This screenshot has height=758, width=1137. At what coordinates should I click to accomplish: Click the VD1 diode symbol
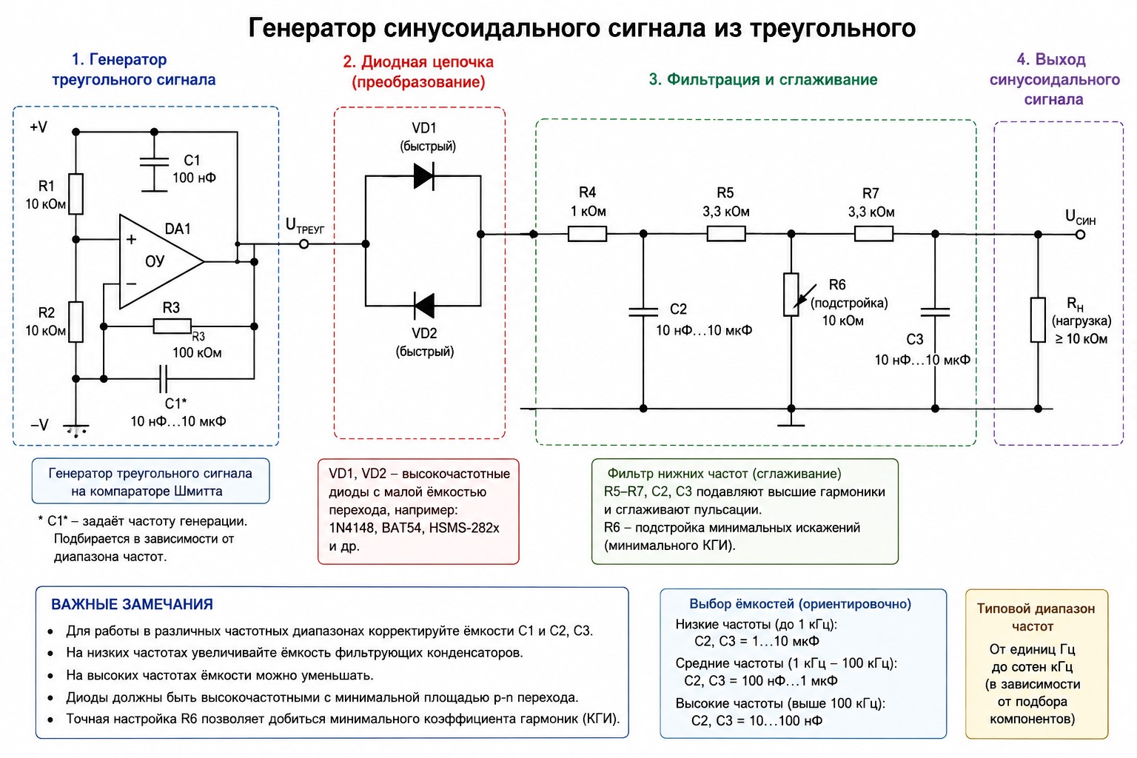click(424, 176)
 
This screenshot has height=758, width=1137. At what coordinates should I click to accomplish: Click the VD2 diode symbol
click(424, 306)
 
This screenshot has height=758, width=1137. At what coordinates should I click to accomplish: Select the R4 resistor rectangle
click(587, 234)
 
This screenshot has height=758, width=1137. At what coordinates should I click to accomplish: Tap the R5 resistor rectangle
click(726, 233)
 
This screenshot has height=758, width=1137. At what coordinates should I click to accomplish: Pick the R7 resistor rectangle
click(873, 234)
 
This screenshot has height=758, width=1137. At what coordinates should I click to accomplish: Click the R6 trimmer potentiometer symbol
click(791, 295)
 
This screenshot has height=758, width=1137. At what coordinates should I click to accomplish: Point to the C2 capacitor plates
click(643, 311)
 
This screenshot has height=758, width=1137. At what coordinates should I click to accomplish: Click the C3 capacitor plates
click(935, 312)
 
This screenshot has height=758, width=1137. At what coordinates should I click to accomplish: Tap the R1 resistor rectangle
click(76, 193)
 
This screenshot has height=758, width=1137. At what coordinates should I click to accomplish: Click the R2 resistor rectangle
click(76, 322)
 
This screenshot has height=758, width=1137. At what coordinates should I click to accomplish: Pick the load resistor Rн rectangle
click(1038, 319)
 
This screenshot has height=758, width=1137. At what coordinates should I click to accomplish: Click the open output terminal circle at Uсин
click(1081, 235)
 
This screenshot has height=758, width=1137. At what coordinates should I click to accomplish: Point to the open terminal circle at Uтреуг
click(303, 244)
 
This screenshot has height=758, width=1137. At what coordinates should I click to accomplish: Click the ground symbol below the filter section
click(791, 421)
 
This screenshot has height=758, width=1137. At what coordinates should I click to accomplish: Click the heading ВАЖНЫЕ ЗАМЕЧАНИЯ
click(132, 604)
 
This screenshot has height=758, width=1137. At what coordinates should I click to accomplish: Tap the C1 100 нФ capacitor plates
click(154, 162)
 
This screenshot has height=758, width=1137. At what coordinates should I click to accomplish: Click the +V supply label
click(38, 127)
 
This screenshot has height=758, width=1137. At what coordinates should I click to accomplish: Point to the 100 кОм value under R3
click(197, 353)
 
